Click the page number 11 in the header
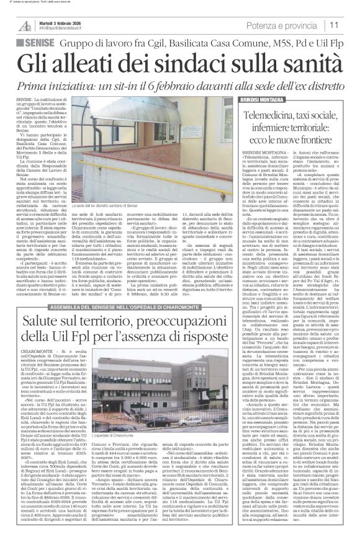(350, 25)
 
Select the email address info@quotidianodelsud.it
(65, 29)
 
